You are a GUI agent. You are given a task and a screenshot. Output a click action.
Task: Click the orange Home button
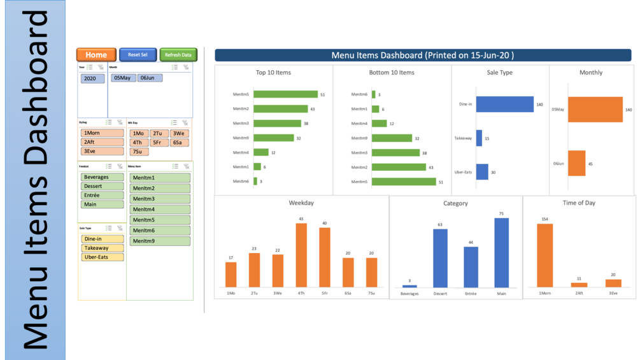point(96,55)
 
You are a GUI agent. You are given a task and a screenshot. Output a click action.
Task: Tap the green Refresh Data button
point(178,55)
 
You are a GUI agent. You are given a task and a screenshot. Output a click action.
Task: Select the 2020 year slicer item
point(92,79)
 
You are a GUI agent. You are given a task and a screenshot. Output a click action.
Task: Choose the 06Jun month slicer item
point(150,78)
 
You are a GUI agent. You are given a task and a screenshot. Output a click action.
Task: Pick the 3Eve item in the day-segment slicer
point(102,151)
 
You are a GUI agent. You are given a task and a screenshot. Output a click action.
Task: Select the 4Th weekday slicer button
point(139,143)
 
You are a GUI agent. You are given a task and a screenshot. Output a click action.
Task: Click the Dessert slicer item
point(102,186)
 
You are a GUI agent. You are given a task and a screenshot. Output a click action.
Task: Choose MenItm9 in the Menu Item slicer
point(160,241)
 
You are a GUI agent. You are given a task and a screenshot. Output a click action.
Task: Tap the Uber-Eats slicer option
point(102,257)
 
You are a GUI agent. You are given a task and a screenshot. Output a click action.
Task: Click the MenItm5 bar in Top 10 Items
point(285,94)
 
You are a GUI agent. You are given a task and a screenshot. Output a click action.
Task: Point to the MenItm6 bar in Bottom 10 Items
point(374,94)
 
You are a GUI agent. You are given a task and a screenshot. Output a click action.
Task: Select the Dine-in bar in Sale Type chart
point(504,104)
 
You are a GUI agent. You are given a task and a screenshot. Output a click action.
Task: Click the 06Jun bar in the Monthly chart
point(576,163)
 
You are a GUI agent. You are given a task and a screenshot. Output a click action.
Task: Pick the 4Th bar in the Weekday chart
point(301,255)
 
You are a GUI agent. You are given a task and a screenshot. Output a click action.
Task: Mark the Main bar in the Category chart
point(502,252)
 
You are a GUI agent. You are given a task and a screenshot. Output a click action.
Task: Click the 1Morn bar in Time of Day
point(544,255)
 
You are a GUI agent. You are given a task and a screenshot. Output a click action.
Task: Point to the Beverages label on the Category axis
point(409,294)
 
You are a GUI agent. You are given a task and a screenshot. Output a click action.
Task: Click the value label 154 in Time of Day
point(544,219)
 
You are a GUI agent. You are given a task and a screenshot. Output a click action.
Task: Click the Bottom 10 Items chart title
point(392,73)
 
